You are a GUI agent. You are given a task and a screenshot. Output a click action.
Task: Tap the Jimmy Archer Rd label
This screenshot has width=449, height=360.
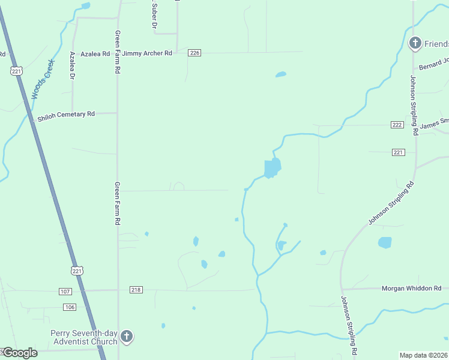click(x=148, y=53)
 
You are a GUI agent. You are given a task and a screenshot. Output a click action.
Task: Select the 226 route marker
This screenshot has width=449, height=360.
click(x=194, y=53)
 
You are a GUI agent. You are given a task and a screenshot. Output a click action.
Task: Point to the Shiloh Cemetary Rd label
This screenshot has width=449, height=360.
click(x=66, y=114)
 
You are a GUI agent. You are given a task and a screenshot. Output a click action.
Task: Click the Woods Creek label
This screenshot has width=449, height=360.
click(x=42, y=79)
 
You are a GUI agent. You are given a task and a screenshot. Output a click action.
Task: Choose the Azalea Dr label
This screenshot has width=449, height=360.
click(x=72, y=66)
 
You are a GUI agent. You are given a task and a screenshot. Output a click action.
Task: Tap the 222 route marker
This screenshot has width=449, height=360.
click(x=397, y=124)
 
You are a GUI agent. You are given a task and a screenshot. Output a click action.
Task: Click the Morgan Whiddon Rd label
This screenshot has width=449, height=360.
click(x=411, y=289)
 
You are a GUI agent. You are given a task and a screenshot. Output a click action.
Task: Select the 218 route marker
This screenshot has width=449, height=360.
click(x=136, y=290)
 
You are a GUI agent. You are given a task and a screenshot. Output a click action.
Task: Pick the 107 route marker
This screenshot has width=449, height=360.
click(x=65, y=292)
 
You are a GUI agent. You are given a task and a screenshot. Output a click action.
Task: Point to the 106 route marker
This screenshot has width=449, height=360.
click(x=70, y=307)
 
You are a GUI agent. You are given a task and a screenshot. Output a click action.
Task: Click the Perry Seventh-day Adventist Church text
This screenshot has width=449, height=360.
click(x=83, y=337)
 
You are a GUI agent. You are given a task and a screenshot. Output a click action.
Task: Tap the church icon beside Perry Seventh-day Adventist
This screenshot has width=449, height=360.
click(x=127, y=337)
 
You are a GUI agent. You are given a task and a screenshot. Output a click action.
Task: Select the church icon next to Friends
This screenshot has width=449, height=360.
click(x=415, y=43)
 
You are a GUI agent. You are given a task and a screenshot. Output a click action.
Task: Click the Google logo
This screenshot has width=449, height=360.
click(x=19, y=353)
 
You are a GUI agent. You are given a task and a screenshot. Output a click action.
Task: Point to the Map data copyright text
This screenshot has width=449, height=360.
click(x=424, y=355)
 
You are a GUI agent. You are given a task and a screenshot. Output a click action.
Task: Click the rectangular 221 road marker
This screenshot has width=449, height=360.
click(x=399, y=152)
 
